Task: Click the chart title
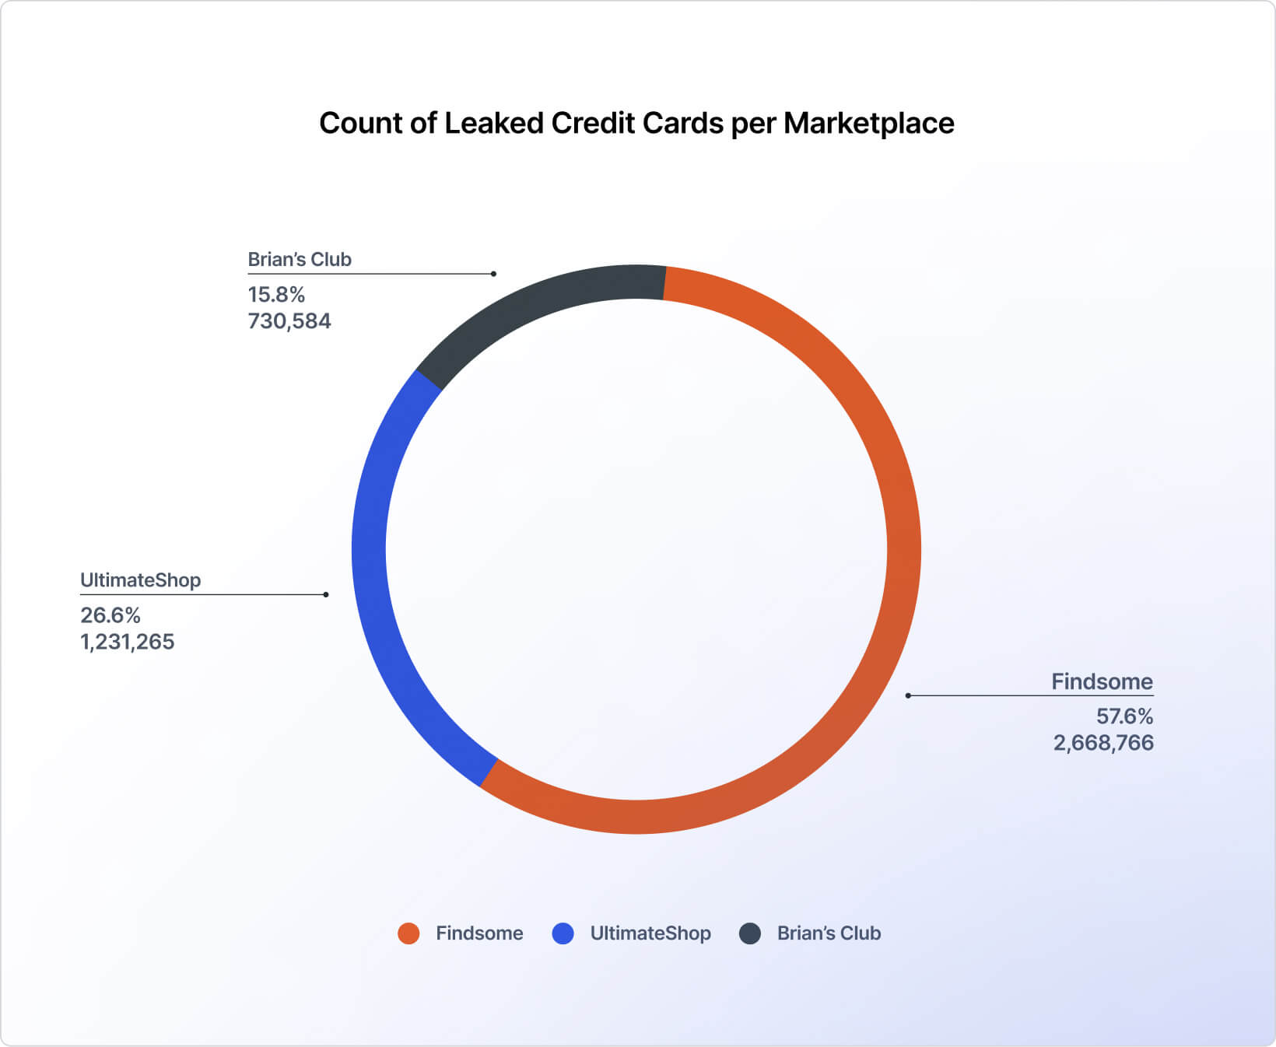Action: coord(636,124)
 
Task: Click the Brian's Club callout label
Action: coord(300,260)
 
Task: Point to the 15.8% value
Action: coord(276,295)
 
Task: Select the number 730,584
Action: coord(289,321)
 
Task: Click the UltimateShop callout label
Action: coord(141,580)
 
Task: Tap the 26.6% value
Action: coord(110,615)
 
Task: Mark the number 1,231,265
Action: coord(128,642)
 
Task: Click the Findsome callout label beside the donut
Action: coord(1102,682)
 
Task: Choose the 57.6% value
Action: coord(1124,716)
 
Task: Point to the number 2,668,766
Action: coord(1103,743)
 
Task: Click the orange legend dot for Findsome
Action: coord(408,933)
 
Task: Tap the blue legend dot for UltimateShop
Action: coord(563,933)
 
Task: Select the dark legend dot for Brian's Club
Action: coord(750,933)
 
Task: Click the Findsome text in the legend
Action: coord(479,933)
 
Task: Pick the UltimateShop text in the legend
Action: coord(650,933)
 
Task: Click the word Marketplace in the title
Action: coord(868,124)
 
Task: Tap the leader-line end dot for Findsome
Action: coord(908,695)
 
